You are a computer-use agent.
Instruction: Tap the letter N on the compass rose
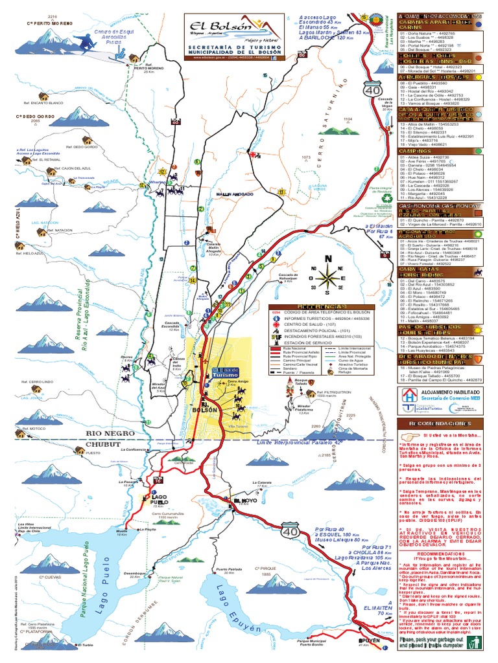click(x=327, y=258)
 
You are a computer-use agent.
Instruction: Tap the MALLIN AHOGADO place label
click(x=233, y=192)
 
